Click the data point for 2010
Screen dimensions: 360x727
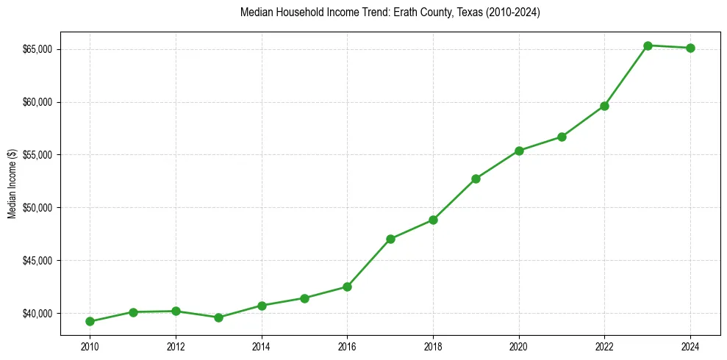tap(90, 321)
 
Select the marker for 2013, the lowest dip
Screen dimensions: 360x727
tap(218, 317)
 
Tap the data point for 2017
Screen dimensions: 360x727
tap(390, 239)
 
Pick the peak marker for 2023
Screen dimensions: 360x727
tap(648, 46)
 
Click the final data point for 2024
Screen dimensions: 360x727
tap(690, 48)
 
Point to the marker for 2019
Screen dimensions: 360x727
tap(476, 179)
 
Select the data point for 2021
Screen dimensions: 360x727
tap(562, 137)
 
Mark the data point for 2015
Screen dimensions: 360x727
tap(304, 298)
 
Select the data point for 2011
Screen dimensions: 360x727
tap(133, 312)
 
